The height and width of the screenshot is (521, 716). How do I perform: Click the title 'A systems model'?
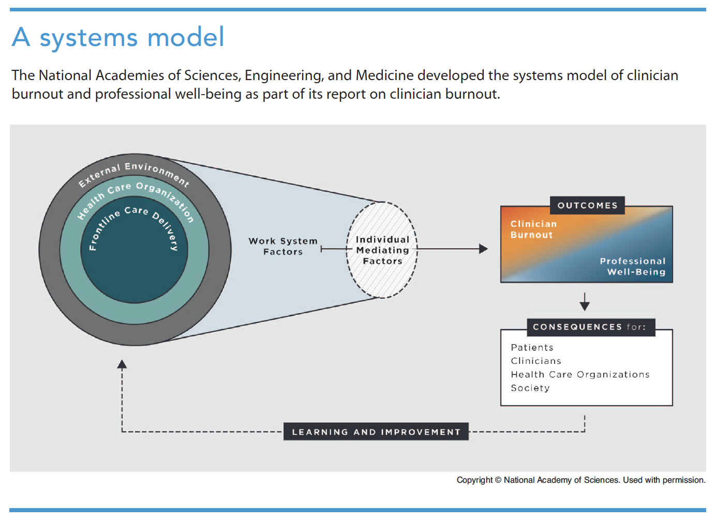118,37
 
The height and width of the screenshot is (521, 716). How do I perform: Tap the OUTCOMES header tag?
587,205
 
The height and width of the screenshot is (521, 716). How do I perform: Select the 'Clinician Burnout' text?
533,229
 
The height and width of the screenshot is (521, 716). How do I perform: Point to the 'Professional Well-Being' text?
632,266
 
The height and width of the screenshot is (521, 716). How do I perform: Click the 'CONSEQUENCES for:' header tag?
590,327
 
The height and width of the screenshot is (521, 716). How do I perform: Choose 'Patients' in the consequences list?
532,347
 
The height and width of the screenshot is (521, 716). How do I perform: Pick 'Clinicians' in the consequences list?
536,361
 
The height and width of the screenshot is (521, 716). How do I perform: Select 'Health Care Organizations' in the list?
580,374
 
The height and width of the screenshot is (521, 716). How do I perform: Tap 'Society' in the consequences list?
530,388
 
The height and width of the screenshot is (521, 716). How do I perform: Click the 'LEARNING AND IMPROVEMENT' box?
376,432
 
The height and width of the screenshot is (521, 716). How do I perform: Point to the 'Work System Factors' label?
283,247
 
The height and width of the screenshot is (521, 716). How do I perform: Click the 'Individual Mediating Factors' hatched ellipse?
382,250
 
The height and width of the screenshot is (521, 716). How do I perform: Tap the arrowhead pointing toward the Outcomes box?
483,249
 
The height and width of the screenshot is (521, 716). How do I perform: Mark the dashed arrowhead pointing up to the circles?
122,364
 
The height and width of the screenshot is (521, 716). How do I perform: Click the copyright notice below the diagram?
580,480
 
